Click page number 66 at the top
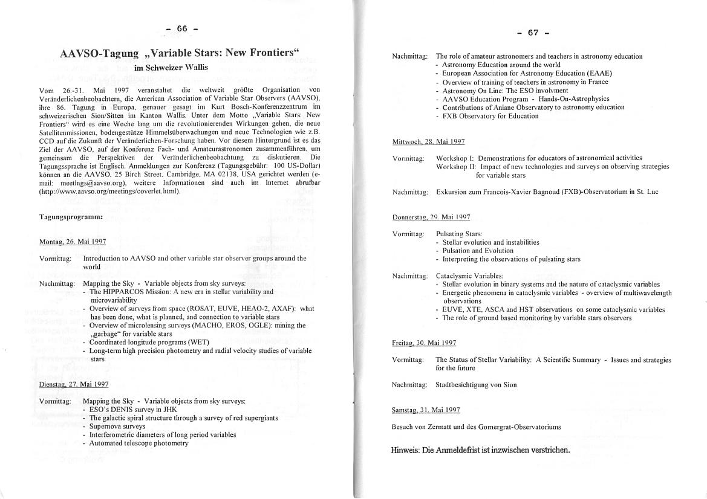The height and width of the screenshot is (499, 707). click(182, 28)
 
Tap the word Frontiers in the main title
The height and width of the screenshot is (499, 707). click(262, 53)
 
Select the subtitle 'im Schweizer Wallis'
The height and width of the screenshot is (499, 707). click(171, 68)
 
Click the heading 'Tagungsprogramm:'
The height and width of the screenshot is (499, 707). click(71, 216)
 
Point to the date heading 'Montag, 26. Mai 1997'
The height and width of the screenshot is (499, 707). click(73, 242)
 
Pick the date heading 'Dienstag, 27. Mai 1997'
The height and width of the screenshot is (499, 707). click(74, 384)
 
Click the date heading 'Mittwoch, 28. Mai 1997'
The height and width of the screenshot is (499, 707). click(428, 141)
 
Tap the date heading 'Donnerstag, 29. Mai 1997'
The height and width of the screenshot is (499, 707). click(431, 217)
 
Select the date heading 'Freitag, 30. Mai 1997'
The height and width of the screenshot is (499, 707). click(424, 343)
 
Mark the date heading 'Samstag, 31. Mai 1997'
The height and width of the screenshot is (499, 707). click(426, 410)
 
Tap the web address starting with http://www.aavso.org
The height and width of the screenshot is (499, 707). click(109, 192)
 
